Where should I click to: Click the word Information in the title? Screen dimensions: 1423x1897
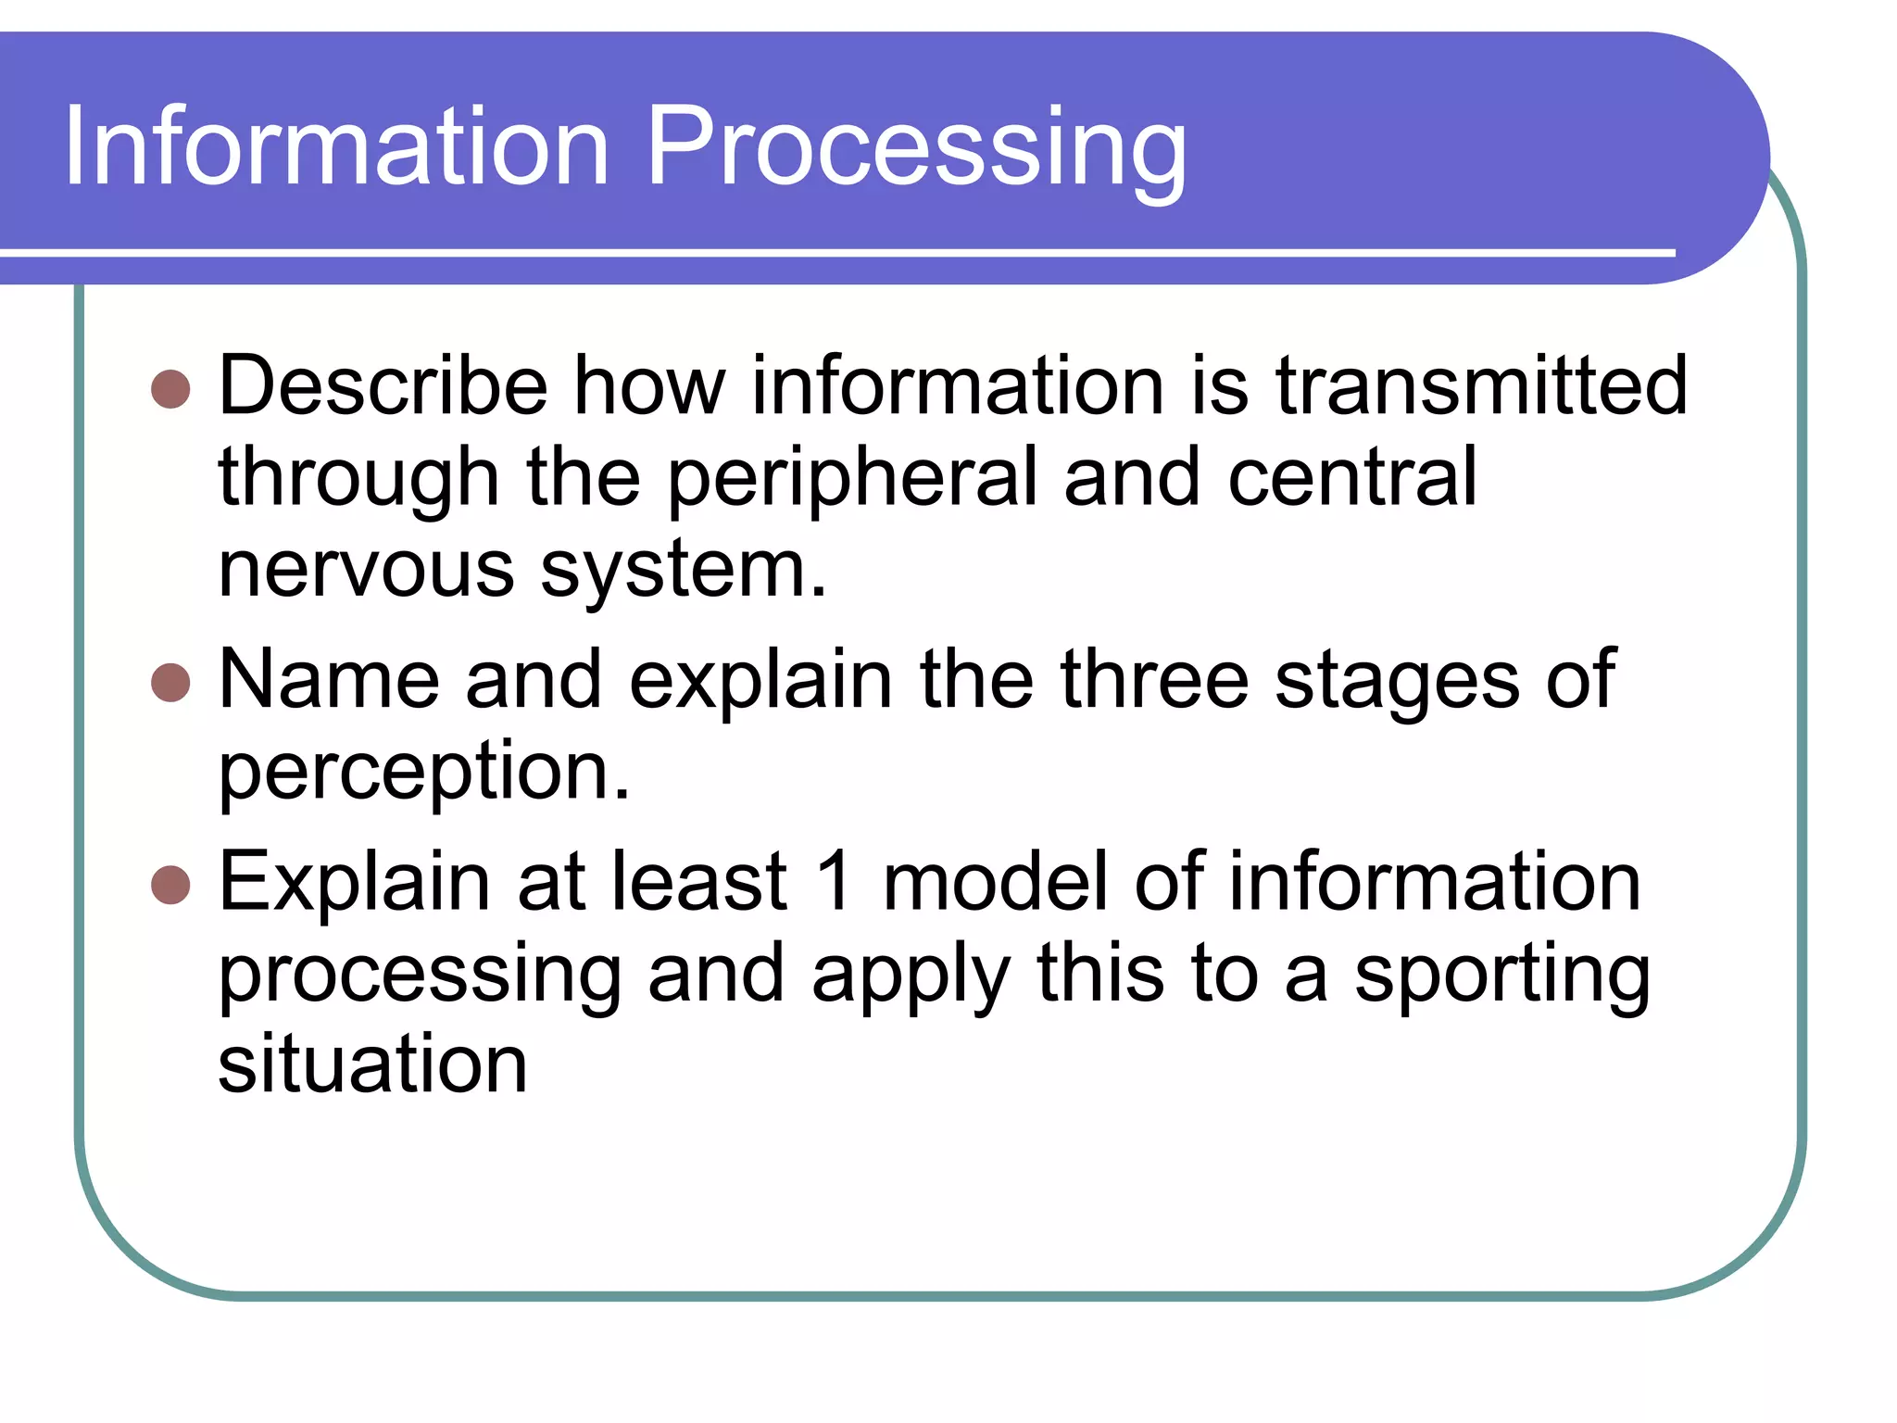[335, 146]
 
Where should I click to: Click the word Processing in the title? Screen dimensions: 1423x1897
[916, 148]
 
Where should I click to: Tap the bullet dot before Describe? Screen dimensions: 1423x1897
[170, 390]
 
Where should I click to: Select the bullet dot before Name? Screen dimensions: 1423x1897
[170, 683]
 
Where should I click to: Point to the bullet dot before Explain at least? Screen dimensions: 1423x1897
[170, 885]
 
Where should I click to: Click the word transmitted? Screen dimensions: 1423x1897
[1481, 385]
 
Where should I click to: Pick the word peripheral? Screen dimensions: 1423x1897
[852, 480]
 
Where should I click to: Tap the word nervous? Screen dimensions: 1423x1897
[367, 569]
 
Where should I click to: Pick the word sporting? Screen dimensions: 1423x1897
[1501, 976]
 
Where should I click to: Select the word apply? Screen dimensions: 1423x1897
[911, 976]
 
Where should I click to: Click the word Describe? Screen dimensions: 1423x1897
[383, 385]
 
